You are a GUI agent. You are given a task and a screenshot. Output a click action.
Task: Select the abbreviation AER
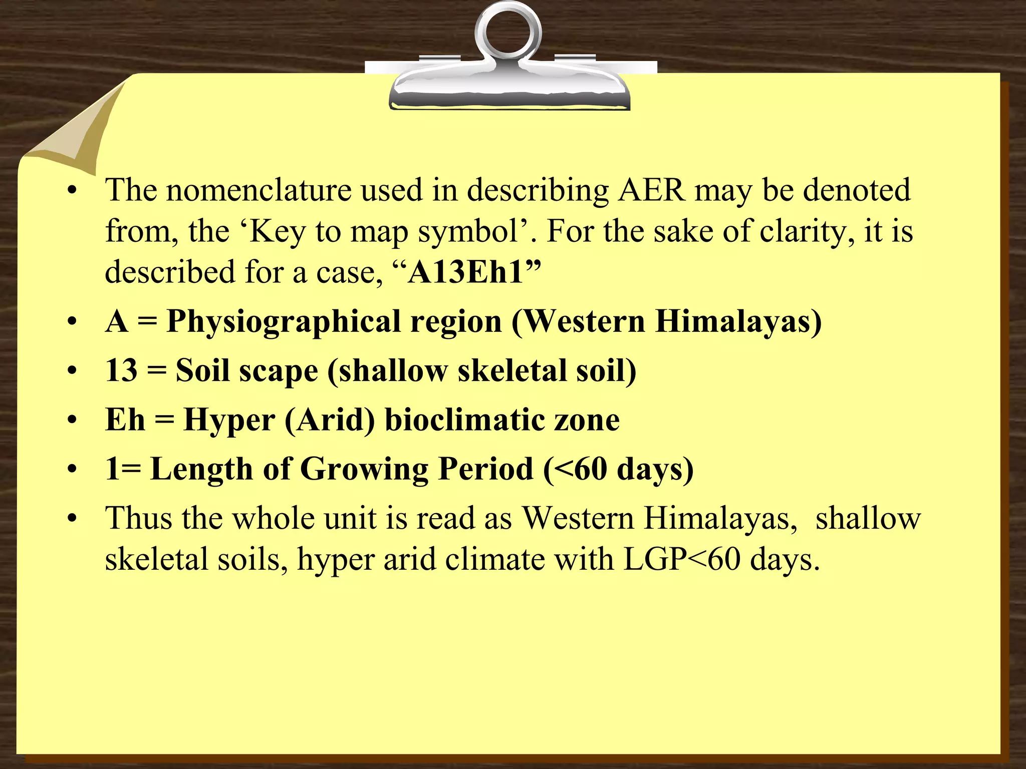point(651,190)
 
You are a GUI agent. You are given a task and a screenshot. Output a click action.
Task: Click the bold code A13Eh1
point(466,273)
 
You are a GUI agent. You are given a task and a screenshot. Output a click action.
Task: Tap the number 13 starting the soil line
point(121,370)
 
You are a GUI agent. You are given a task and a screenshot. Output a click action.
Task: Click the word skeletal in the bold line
point(508,370)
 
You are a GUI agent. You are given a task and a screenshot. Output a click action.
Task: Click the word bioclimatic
point(464,420)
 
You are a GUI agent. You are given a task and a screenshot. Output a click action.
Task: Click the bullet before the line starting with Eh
point(73,421)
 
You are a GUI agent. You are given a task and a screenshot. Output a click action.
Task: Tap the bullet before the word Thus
point(73,519)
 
